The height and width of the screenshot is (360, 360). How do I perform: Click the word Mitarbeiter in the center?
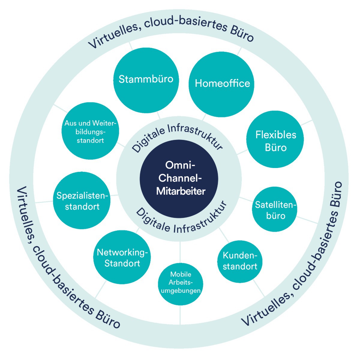(x=181, y=191)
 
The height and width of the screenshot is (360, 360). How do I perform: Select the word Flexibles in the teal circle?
(x=276, y=135)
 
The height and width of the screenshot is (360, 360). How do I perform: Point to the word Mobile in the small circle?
(x=181, y=274)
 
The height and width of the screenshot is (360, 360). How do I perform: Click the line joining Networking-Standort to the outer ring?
(x=101, y=289)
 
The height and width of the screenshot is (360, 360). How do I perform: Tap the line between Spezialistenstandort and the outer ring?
(x=44, y=202)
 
